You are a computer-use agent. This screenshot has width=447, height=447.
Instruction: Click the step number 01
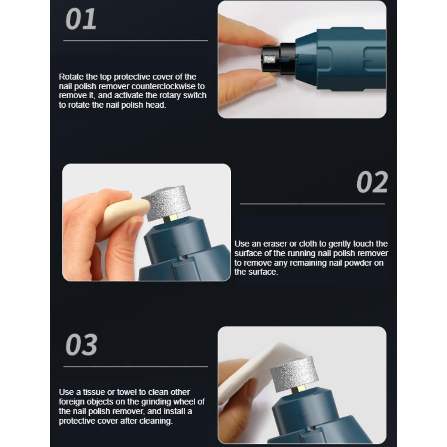pos(81,19)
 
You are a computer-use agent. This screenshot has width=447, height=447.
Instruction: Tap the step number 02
pos(372,182)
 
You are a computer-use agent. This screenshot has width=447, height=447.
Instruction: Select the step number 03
pos(81,345)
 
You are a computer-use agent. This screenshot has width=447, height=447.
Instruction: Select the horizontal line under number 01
pos(135,41)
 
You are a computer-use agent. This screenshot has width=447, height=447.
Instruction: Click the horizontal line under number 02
pos(312,204)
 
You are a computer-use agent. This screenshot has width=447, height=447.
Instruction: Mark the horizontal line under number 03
pos(135,367)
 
